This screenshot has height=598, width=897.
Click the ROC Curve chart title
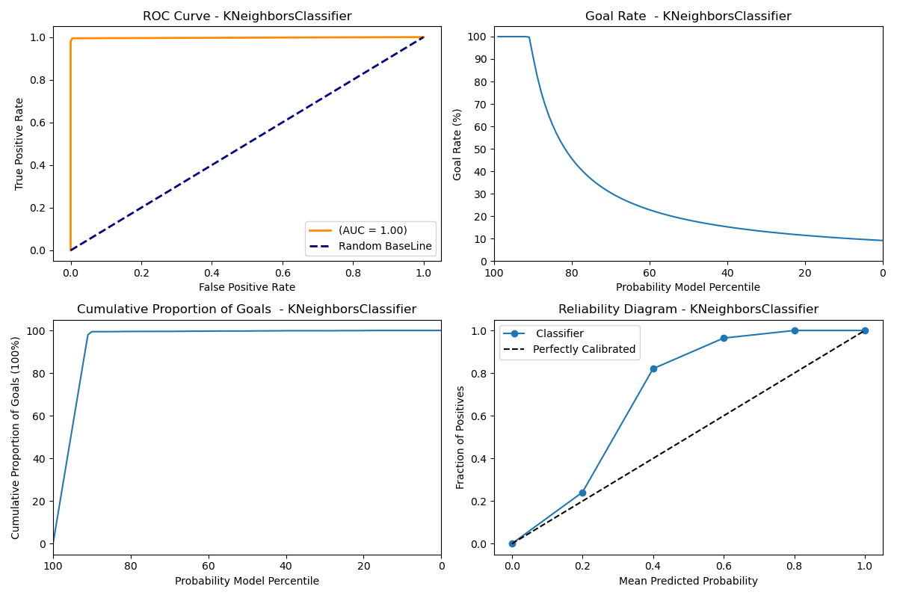(247, 16)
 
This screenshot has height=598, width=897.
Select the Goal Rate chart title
(688, 16)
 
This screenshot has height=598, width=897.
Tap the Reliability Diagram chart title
(688, 309)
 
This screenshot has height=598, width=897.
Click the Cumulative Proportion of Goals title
(247, 309)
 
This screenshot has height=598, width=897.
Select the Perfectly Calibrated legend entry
(584, 349)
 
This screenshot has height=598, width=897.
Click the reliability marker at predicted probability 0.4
(653, 369)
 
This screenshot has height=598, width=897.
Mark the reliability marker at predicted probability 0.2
(582, 493)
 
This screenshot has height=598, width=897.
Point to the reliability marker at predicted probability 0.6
(724, 338)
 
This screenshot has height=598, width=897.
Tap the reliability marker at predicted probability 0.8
(795, 330)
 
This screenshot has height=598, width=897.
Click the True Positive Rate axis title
(19, 144)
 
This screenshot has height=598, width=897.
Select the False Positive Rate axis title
(247, 287)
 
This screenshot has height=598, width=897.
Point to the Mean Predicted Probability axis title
(688, 581)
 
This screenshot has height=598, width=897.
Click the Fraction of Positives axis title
(460, 437)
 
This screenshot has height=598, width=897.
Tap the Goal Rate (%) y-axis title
(457, 144)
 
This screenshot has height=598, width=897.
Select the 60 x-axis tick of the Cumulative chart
(208, 566)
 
